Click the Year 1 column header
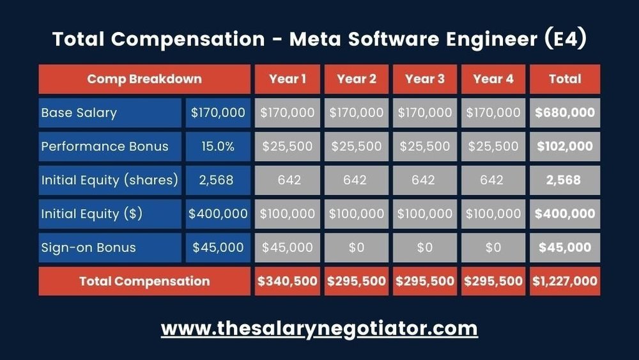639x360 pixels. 287,79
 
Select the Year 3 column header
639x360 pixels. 424,79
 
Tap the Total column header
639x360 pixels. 565,79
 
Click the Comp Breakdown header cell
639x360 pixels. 144,79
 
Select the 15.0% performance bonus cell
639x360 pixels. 218,146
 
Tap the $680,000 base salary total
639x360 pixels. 565,113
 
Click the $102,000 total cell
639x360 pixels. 565,146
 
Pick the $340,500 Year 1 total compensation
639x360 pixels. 287,281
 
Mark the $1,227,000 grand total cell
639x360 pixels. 565,281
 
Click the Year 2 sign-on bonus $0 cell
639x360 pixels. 356,247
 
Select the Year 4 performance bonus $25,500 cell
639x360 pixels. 493,146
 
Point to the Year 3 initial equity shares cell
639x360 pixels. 424,180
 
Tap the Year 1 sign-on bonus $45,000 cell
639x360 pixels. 287,247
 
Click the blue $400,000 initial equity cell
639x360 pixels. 218,214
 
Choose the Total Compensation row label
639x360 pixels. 144,281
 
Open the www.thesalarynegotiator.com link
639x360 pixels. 319,329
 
